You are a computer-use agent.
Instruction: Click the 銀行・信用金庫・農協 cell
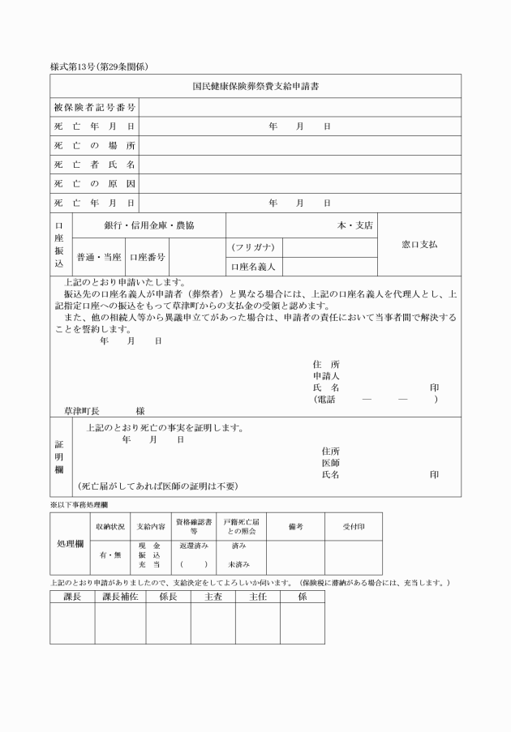pyautogui.click(x=148, y=225)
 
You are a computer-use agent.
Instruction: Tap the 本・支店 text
pyautogui.click(x=355, y=225)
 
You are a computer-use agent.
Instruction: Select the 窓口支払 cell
pyautogui.click(x=419, y=244)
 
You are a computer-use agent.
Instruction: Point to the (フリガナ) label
pyautogui.click(x=253, y=247)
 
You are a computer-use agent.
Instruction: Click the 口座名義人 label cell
pyautogui.click(x=253, y=266)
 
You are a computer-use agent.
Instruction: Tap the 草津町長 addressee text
pyautogui.click(x=81, y=411)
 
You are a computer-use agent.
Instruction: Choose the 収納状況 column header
pyautogui.click(x=109, y=526)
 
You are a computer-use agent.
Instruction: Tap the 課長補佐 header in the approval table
pyautogui.click(x=120, y=597)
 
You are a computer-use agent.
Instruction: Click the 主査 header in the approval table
pyautogui.click(x=213, y=597)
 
